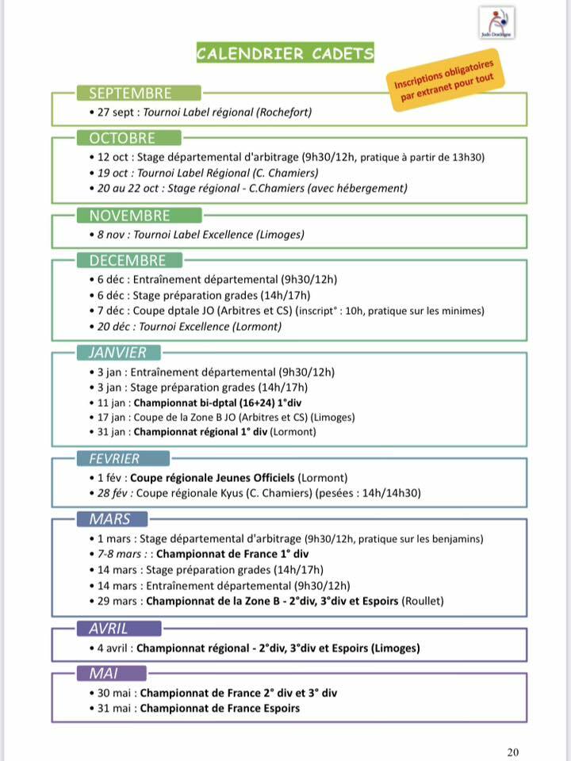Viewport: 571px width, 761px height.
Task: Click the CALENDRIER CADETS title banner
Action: (285, 54)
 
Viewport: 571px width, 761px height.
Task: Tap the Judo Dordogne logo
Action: (497, 22)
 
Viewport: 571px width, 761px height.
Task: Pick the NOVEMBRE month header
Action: (128, 215)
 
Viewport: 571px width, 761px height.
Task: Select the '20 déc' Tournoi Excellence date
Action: (113, 327)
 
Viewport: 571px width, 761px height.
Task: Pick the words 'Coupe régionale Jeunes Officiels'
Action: (212, 478)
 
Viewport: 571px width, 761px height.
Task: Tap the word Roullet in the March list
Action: (423, 601)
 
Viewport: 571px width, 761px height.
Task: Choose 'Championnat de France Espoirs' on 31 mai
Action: (220, 708)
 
